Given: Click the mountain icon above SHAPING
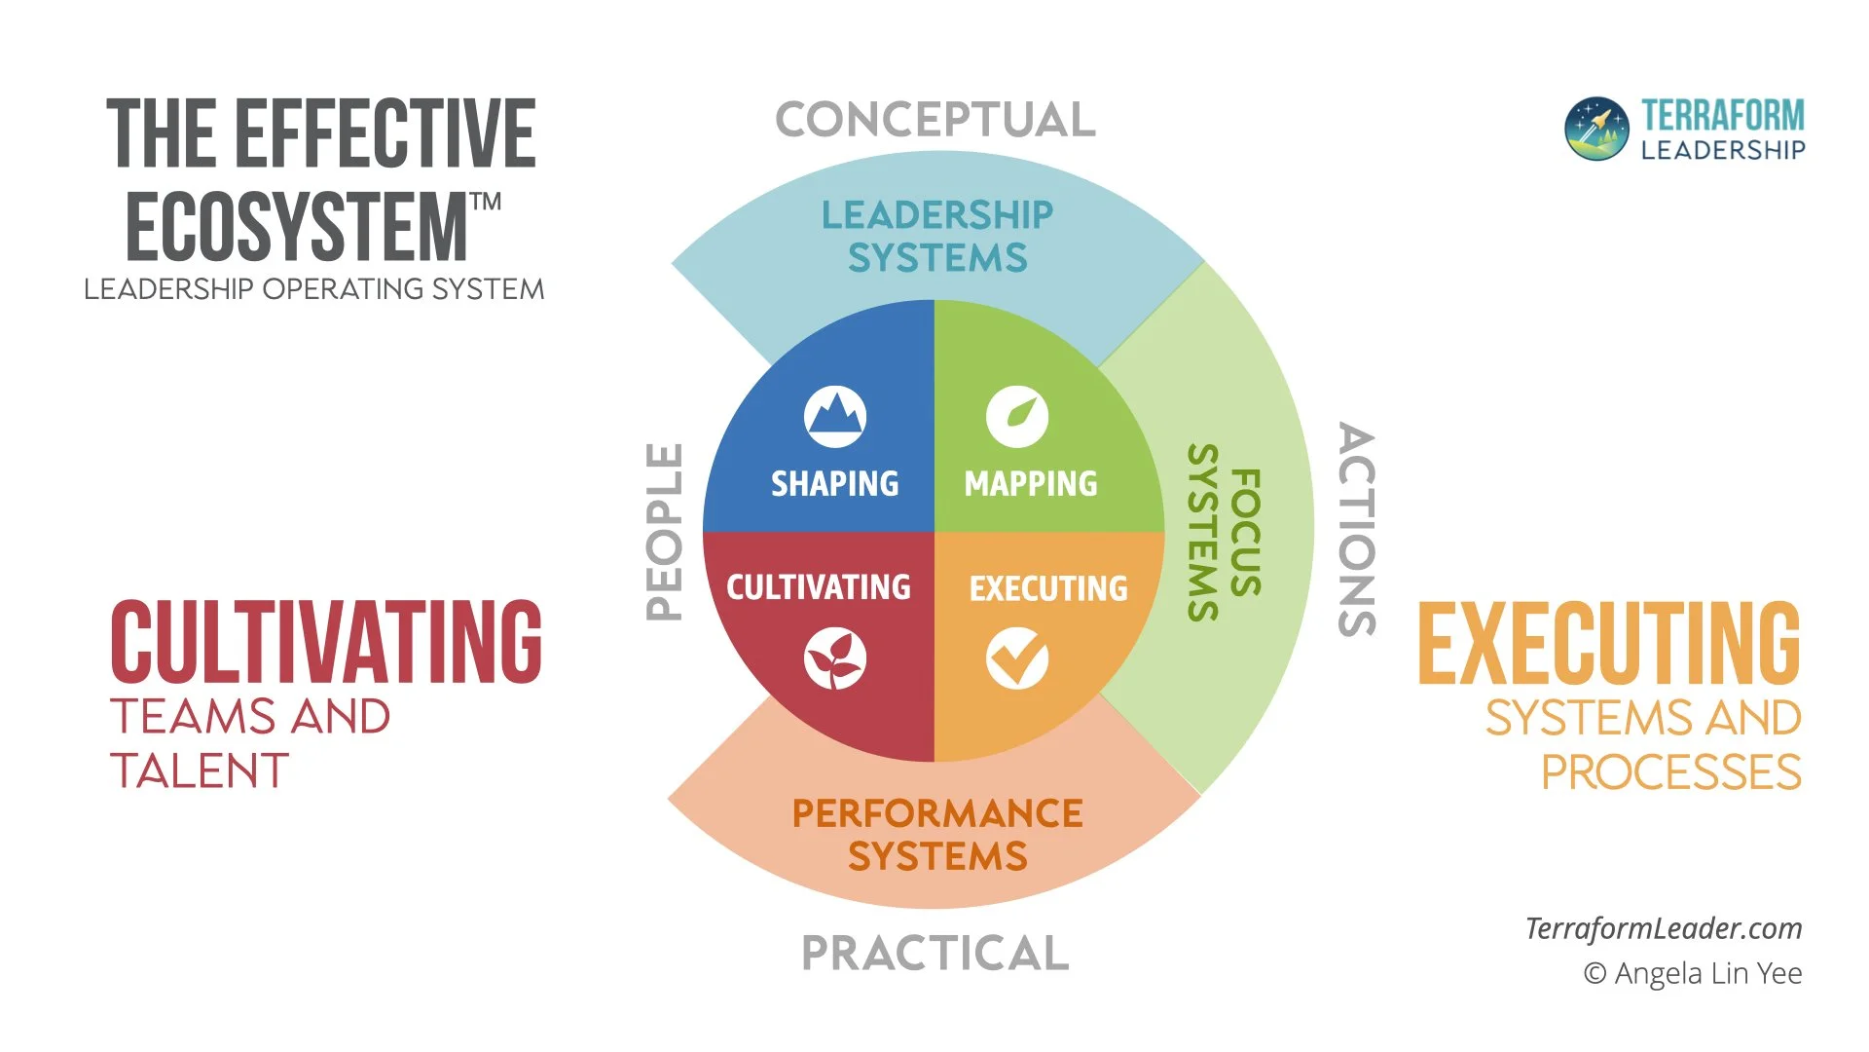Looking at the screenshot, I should pos(835,417).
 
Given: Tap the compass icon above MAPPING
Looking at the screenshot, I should pos(1017,417).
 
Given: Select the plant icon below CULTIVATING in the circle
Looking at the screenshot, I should pos(835,659).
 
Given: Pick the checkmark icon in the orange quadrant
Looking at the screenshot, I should pos(1017,659).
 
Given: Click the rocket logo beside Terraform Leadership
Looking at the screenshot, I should pos(1596,129).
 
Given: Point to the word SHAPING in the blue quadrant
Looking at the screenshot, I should pos(835,483).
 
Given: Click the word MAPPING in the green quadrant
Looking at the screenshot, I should pos(1031,483).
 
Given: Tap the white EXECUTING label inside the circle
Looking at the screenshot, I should pos(1048,588).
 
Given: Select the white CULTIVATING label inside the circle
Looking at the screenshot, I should pos(819,587).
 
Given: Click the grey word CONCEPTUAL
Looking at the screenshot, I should pos(935,120).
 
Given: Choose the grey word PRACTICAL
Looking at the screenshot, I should pos(935,953).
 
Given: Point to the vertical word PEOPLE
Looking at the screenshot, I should pos(665,532).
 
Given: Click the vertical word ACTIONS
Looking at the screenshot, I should pos(1358,530).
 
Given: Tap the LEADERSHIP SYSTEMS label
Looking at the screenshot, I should pos(937,236).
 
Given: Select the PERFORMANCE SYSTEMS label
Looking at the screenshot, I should pos(937,835).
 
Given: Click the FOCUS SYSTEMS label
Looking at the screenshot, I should pos(1225,532).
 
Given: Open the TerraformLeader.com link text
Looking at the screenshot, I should pos(1664,928).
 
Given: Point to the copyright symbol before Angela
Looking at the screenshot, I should pos(1594,973).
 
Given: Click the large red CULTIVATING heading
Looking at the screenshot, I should pos(326,642).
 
